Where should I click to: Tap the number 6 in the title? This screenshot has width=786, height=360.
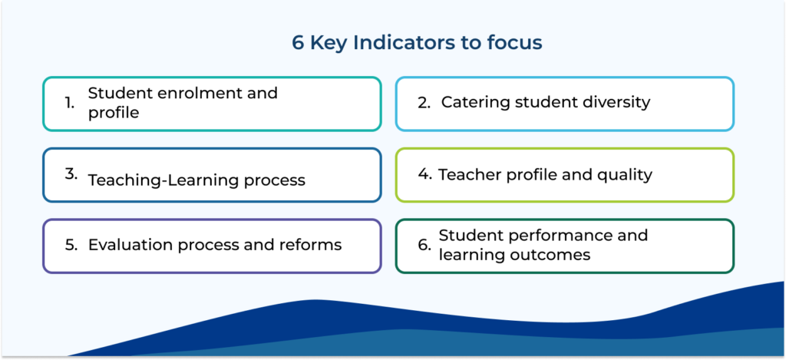[x=298, y=43]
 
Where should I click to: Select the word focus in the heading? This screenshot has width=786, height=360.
[x=517, y=43]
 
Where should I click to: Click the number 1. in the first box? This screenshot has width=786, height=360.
[x=70, y=104]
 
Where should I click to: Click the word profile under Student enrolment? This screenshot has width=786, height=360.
[x=114, y=114]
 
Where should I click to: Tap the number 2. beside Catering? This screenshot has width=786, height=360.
[x=424, y=103]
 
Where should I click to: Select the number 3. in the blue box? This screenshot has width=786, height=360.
[x=71, y=175]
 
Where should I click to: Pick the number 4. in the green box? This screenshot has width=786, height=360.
[x=425, y=175]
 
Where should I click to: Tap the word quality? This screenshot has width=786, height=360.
[x=628, y=175]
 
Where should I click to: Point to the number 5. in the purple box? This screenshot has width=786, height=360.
[x=71, y=245]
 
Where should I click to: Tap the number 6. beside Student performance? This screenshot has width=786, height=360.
[x=424, y=245]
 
